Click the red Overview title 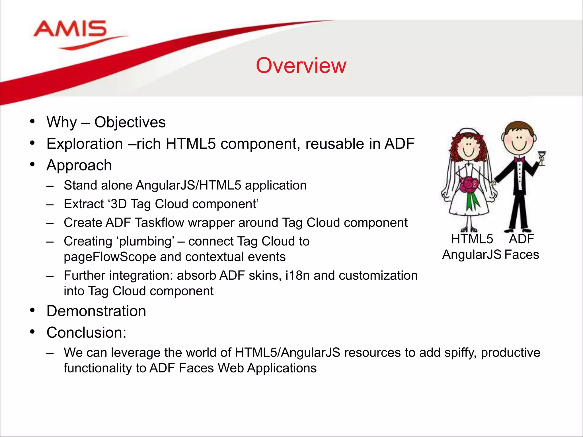coord(301,66)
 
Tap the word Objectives coord(130,122)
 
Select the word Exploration coord(85,144)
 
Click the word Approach coord(79,165)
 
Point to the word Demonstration coord(96,311)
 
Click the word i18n coord(297,275)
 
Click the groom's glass coord(541,158)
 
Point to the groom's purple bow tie coord(520,159)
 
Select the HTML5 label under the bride coord(472,239)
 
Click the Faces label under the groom coord(522,255)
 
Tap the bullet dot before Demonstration coord(32,310)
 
